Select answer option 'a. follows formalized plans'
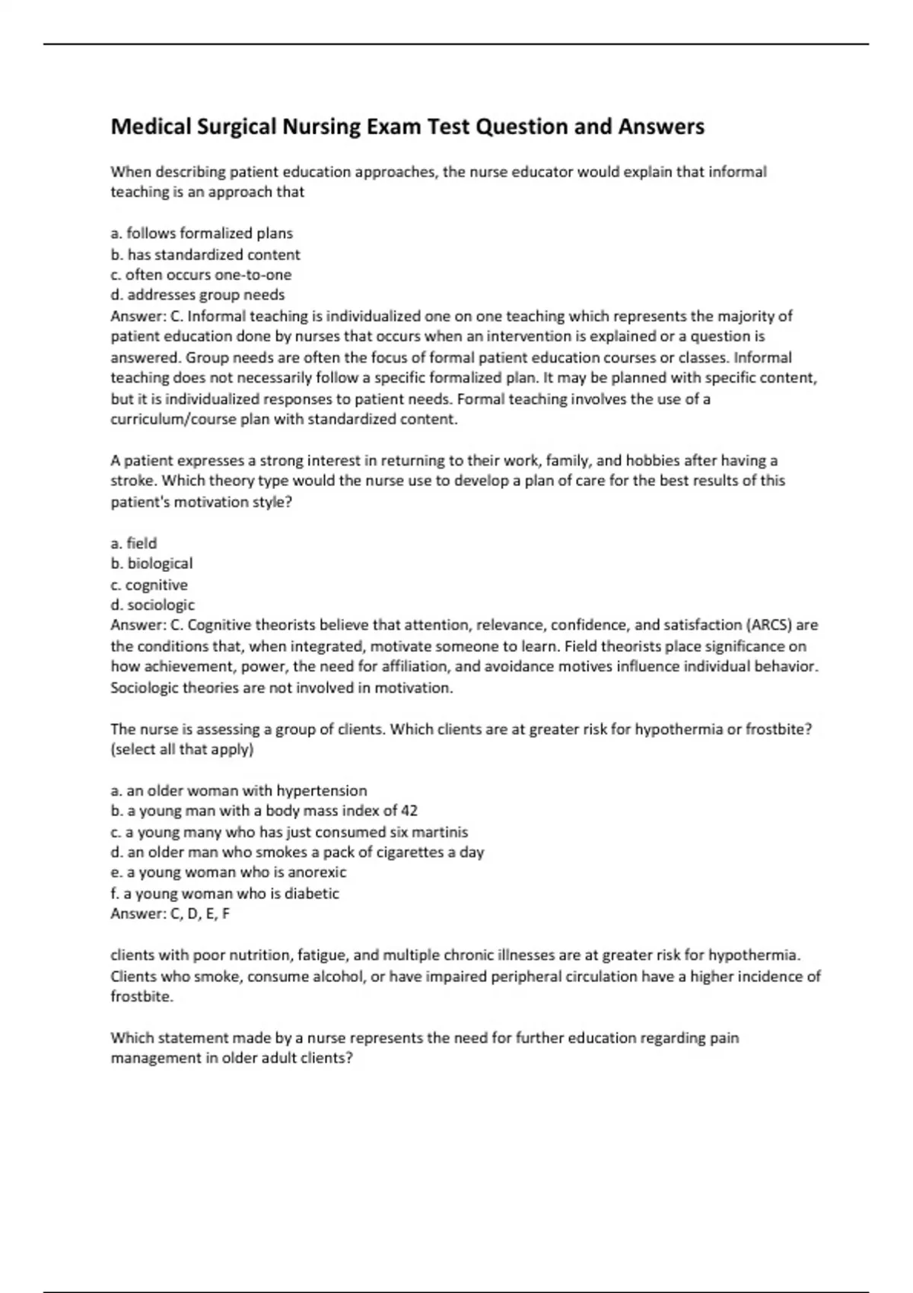(202, 234)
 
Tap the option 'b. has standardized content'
(205, 255)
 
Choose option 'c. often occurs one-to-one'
(201, 275)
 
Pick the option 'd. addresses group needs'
(198, 295)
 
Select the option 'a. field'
(134, 543)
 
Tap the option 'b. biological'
(151, 564)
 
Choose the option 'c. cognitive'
(149, 585)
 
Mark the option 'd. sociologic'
(152, 605)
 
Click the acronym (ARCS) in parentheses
(770, 625)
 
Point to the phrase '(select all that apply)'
(182, 749)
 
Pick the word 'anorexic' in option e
(317, 872)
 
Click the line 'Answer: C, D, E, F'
(170, 913)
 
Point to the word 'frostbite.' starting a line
(142, 996)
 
